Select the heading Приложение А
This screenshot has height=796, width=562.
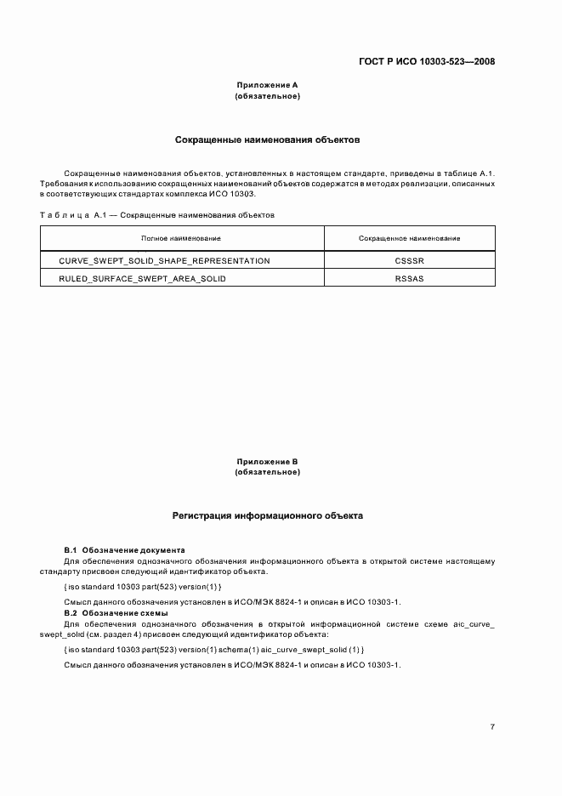(x=267, y=86)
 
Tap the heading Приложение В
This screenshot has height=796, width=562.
(x=267, y=462)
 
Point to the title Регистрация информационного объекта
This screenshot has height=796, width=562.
(x=267, y=515)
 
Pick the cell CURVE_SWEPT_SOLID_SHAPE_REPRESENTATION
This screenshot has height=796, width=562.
(x=164, y=260)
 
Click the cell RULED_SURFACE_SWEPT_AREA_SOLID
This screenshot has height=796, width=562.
(x=142, y=279)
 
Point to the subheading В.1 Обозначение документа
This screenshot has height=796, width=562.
(x=125, y=550)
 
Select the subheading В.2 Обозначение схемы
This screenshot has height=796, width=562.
(x=116, y=612)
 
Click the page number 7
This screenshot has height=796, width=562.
(x=492, y=727)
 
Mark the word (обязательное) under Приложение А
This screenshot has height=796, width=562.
(x=267, y=96)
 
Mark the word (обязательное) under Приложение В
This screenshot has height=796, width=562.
(x=267, y=472)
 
